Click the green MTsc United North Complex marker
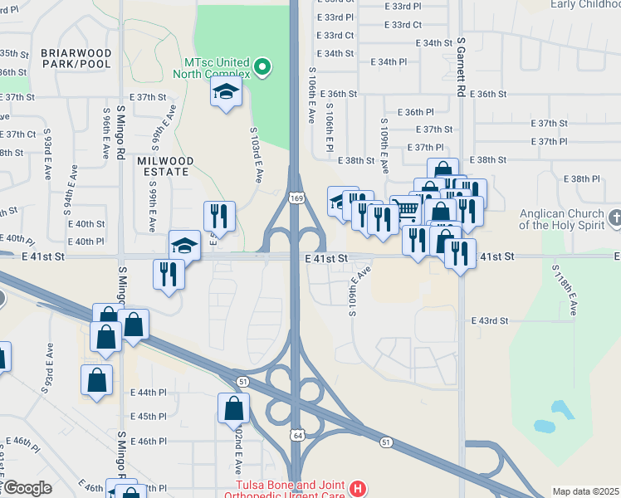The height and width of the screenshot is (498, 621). click(263, 67)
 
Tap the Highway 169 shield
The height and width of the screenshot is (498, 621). click(296, 198)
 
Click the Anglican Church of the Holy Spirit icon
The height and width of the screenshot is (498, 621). click(614, 218)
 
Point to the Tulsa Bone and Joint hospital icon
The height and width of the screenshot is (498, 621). click(358, 489)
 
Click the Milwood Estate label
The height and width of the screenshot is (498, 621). click(166, 166)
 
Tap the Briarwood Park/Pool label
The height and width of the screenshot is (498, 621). click(75, 58)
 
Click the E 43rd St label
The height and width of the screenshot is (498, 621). click(488, 320)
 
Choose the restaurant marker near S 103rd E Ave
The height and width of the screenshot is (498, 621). click(219, 216)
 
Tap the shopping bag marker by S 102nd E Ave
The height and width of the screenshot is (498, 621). click(233, 408)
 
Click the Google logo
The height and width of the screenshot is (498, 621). click(27, 488)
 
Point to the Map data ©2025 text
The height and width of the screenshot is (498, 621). click(585, 491)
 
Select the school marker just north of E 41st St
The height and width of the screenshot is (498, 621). click(185, 245)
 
